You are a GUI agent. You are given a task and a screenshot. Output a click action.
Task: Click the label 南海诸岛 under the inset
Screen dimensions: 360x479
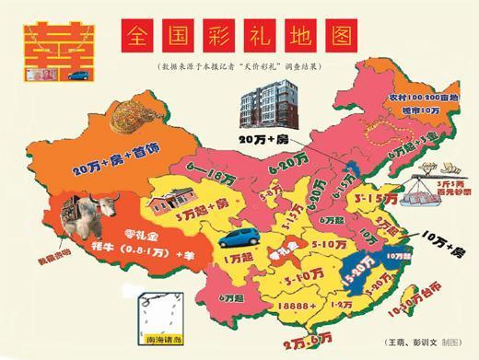[x=158, y=342]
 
